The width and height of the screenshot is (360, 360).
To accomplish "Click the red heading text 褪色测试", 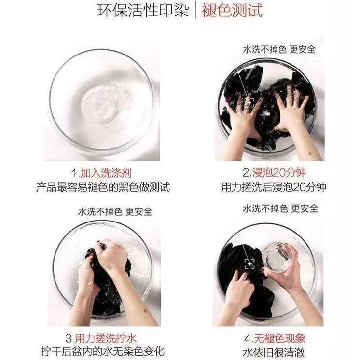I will (232, 11).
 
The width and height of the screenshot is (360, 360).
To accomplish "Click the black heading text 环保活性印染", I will (142, 11).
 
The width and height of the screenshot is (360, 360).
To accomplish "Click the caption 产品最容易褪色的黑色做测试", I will (103, 187).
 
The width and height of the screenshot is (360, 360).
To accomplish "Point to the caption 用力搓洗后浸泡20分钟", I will (274, 187).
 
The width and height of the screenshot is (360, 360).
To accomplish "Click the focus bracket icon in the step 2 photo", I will (249, 102).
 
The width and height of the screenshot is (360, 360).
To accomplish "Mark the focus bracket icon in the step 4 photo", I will (249, 263).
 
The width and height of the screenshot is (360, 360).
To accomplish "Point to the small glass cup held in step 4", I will (277, 256).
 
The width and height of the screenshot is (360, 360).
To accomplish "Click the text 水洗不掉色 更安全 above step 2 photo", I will (280, 50).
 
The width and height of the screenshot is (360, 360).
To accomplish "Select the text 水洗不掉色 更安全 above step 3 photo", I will (115, 211).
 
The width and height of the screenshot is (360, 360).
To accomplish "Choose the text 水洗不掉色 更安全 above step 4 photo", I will (280, 208).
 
